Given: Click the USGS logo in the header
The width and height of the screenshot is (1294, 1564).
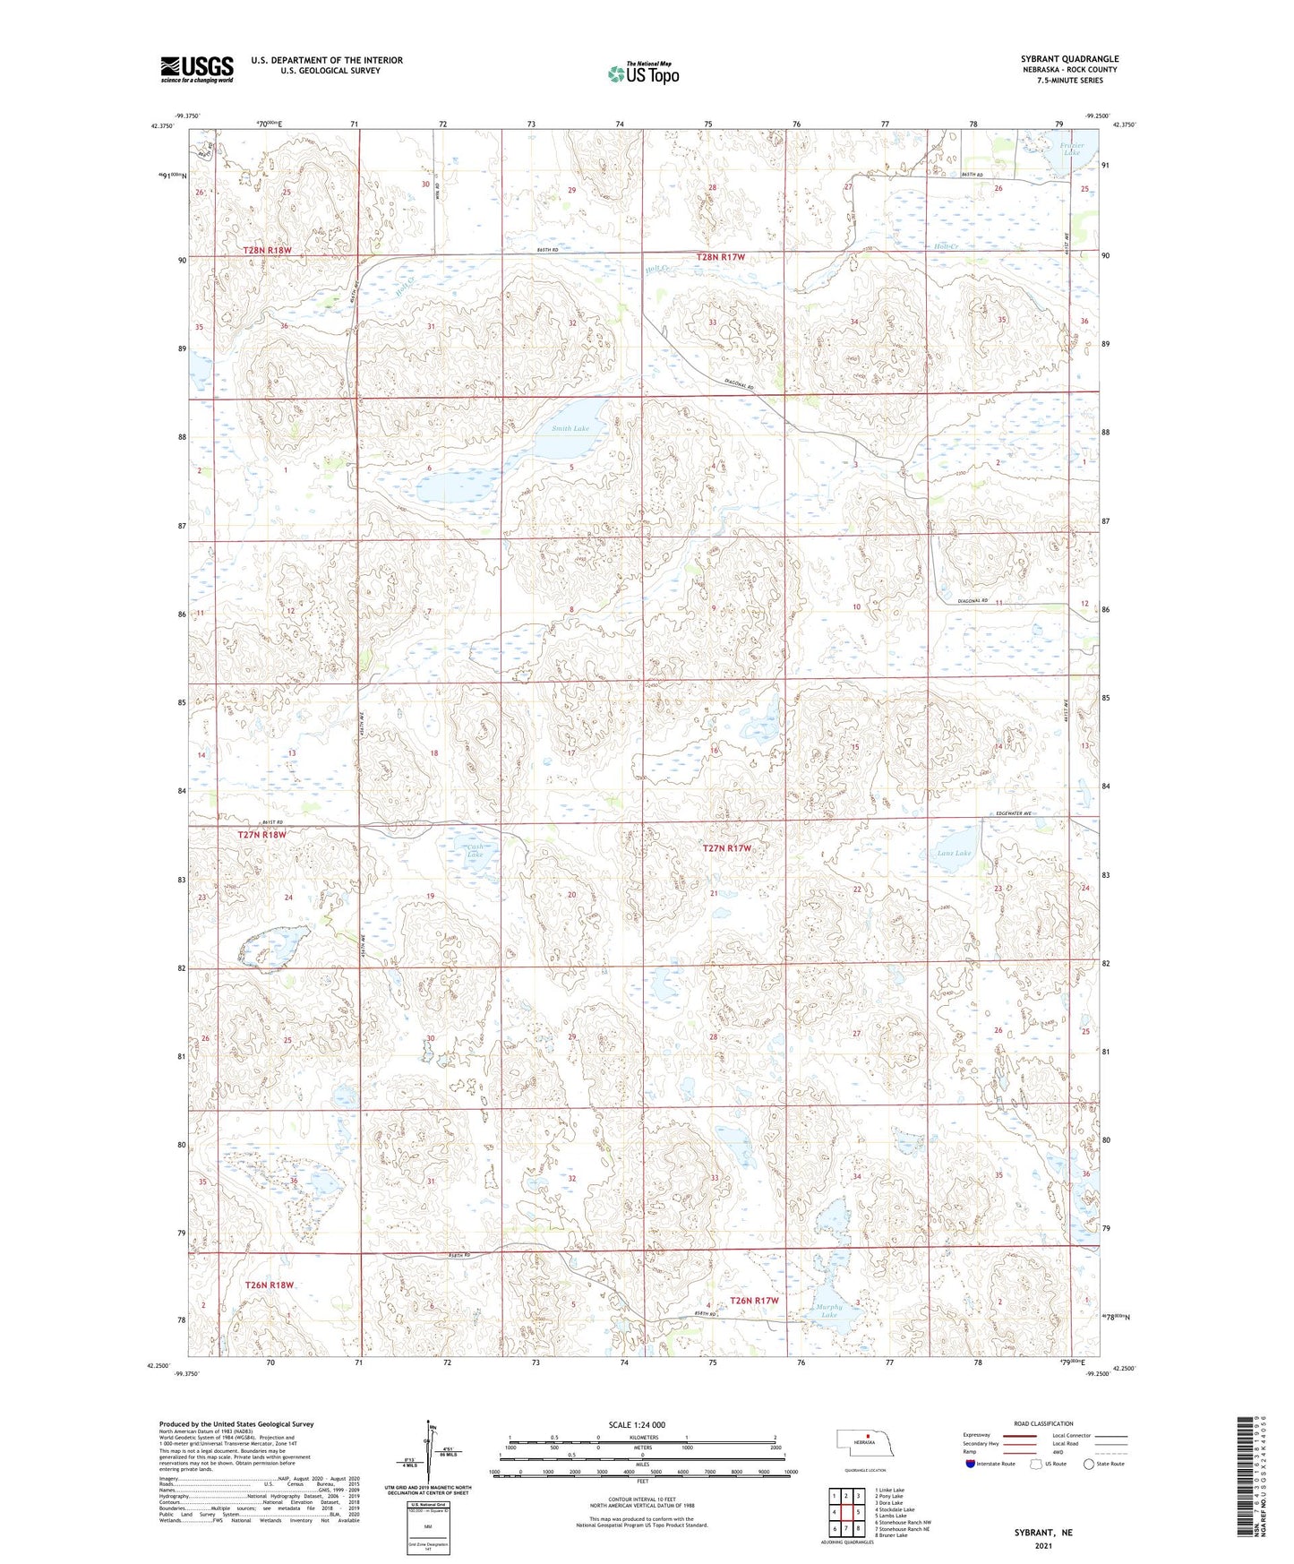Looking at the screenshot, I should [x=196, y=68].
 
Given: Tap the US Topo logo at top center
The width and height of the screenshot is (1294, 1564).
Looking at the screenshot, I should [x=642, y=73].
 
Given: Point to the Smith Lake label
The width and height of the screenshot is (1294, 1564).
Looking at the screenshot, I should [x=570, y=429].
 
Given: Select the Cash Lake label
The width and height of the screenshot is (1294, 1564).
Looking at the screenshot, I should [x=475, y=850].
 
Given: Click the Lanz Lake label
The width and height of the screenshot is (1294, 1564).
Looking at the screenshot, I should [x=953, y=854].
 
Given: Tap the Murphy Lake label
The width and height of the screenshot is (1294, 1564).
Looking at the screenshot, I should [x=829, y=1310].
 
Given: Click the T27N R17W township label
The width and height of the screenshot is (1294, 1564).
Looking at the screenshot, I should [x=726, y=847].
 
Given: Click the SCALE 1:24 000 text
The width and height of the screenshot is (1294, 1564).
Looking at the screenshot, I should [x=636, y=1424].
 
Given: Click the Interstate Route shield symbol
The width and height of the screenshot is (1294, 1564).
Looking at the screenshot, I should [x=971, y=1464].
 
